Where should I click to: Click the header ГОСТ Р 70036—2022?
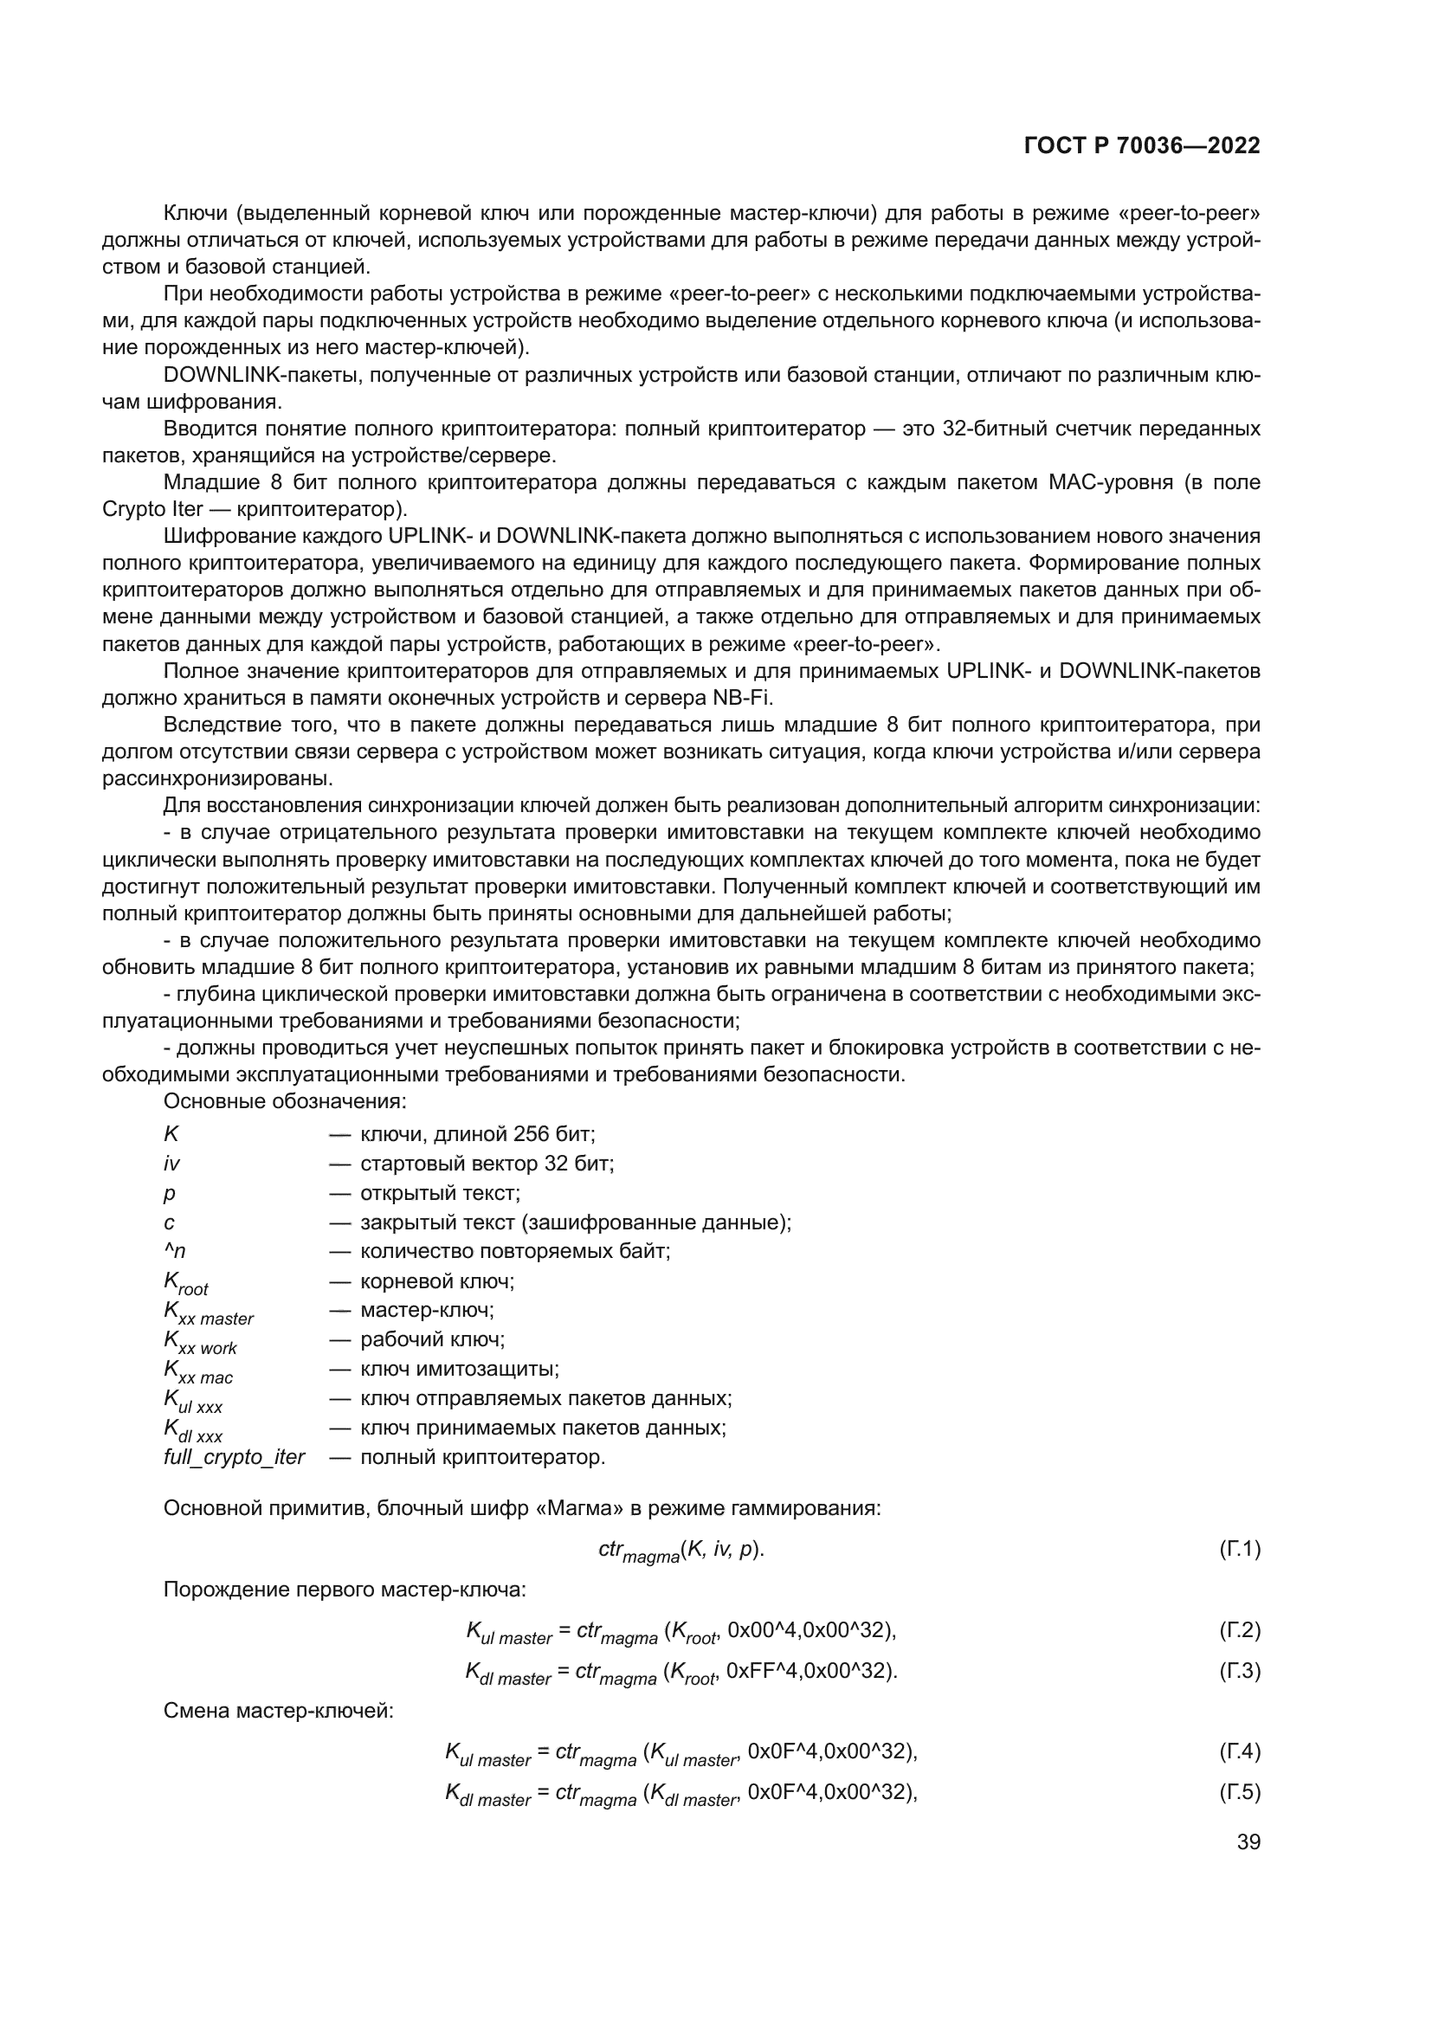(x=1142, y=146)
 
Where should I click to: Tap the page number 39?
(x=1248, y=1842)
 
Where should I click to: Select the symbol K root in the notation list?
(x=185, y=1283)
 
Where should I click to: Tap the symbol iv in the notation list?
(x=171, y=1164)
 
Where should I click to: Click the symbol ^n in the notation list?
(x=174, y=1252)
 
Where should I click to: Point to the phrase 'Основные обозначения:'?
(x=284, y=1101)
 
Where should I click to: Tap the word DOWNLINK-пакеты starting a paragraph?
(x=263, y=376)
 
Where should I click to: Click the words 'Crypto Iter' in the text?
(x=152, y=510)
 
